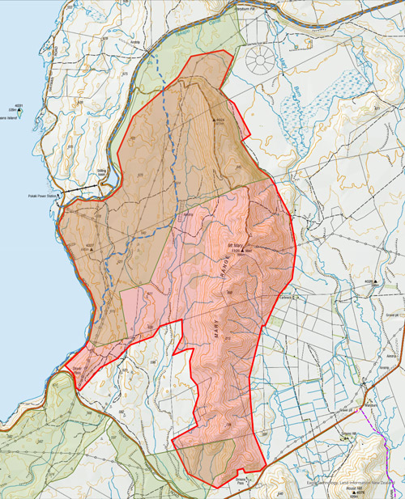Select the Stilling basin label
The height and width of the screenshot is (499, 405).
pyautogui.click(x=103, y=171)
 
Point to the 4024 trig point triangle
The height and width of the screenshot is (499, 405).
pyautogui.click(x=215, y=121)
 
